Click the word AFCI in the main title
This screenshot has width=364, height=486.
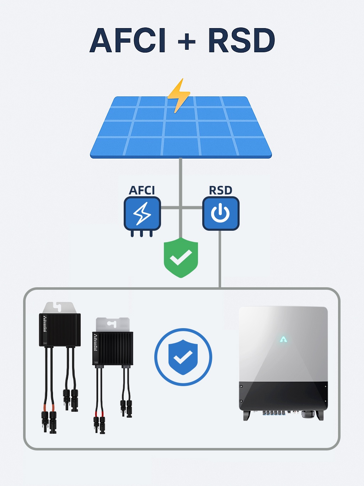pyautogui.click(x=128, y=41)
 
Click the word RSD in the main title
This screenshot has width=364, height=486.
pyautogui.click(x=241, y=41)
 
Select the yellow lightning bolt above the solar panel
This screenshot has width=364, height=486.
pyautogui.click(x=179, y=95)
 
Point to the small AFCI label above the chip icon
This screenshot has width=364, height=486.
pyautogui.click(x=142, y=191)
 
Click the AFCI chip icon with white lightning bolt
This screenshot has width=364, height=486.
pyautogui.click(x=142, y=214)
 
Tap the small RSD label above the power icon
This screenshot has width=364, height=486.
pyautogui.click(x=220, y=191)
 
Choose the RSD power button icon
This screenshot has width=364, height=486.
pyautogui.click(x=221, y=214)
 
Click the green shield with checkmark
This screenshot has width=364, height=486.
pyautogui.click(x=181, y=258)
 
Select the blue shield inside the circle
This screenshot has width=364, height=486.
pyautogui.click(x=183, y=357)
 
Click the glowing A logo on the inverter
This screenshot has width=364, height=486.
pyautogui.click(x=283, y=340)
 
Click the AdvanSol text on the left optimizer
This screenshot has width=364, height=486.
pyautogui.click(x=45, y=324)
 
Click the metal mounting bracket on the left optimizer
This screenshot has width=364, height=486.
pyautogui.click(x=59, y=308)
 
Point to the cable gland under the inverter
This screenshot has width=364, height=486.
pyautogui.click(x=305, y=414)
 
